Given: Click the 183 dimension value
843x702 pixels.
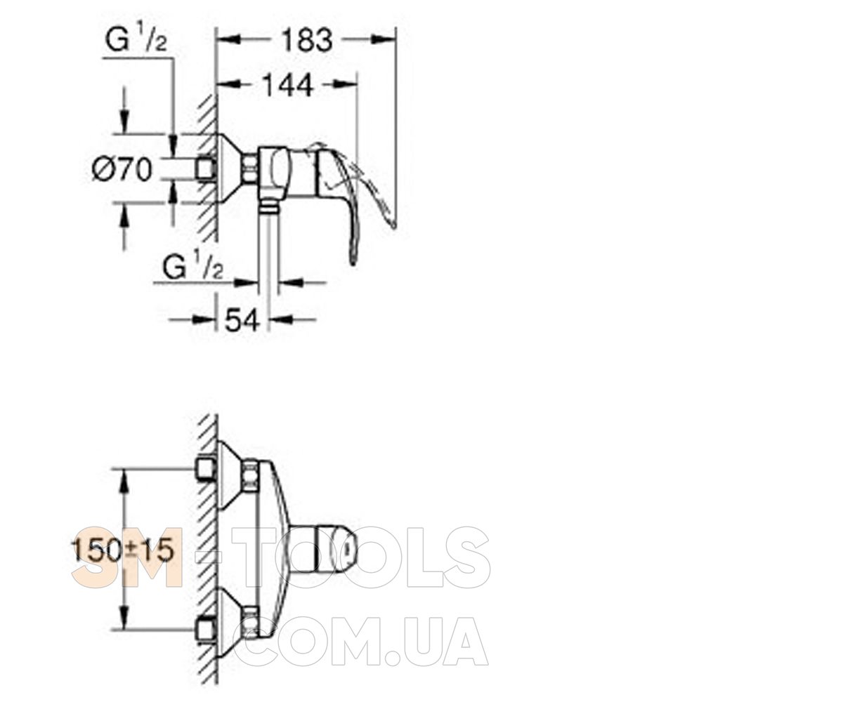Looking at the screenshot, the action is pyautogui.click(x=307, y=41).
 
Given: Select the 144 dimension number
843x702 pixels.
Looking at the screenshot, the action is pyautogui.click(x=288, y=86).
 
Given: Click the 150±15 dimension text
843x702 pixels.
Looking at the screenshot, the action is pyautogui.click(x=123, y=550).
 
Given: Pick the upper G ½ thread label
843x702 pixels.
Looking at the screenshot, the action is pyautogui.click(x=136, y=40).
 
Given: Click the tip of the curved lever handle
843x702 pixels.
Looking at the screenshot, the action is pyautogui.click(x=353, y=263).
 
